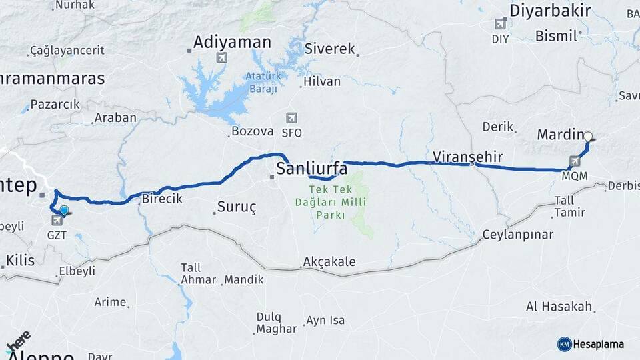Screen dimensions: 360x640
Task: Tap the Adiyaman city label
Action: [232, 43]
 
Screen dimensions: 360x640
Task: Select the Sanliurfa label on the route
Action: [312, 167]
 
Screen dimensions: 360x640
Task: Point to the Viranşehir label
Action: [467, 157]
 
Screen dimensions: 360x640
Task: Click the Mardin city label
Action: [560, 135]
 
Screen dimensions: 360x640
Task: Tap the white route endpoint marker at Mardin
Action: [588, 137]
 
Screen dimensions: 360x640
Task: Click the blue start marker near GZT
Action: [64, 211]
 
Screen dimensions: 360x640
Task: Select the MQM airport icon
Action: [575, 161]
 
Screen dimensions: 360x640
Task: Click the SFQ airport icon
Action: [291, 118]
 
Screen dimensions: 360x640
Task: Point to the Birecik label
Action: [162, 198]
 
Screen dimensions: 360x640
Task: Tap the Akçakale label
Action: [329, 261]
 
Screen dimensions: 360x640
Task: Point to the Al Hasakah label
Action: [559, 306]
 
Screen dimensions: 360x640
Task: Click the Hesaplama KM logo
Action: [591, 344]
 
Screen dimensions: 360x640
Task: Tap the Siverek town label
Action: [329, 49]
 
